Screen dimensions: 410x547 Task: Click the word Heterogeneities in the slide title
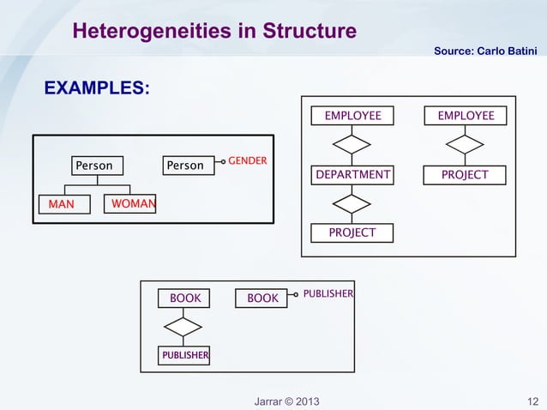[x=151, y=32]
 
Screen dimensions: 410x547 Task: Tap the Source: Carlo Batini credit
[x=485, y=53]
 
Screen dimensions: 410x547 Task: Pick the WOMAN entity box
[x=130, y=204]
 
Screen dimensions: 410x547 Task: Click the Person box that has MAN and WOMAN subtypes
[x=95, y=165]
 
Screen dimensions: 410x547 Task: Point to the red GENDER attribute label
[x=247, y=160]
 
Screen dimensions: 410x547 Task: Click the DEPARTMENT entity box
[x=352, y=175]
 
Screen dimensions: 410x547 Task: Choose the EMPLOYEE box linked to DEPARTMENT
[x=352, y=116]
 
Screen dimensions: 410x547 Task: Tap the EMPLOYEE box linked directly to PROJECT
[x=466, y=116]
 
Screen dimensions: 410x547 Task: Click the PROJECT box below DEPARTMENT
[x=352, y=232]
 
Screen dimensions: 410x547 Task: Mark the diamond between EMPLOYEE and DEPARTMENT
[x=352, y=144]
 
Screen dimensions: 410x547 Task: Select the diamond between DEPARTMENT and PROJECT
[x=352, y=204]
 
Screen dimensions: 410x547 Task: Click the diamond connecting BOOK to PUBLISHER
[x=183, y=326]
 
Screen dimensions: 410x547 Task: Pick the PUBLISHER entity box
[x=183, y=354]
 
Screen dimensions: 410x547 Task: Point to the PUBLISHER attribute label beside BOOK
[x=328, y=293]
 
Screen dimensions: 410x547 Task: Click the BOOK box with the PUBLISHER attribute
[x=262, y=298]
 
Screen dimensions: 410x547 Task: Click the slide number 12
[x=532, y=401]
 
